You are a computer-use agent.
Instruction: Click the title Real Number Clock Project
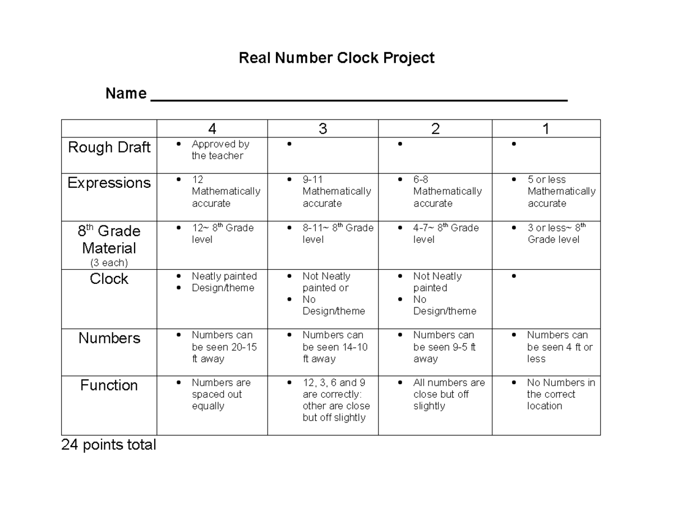point(336,58)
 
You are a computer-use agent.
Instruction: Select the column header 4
point(212,129)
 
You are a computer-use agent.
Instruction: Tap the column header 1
point(545,129)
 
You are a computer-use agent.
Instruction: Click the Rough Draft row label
point(109,148)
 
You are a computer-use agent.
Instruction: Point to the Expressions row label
point(109,183)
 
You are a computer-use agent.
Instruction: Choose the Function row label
point(109,385)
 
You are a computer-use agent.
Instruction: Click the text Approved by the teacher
point(220,150)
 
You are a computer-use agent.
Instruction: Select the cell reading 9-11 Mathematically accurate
point(336,191)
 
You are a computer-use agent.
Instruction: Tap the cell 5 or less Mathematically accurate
point(561,191)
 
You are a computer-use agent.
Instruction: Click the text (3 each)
point(109,263)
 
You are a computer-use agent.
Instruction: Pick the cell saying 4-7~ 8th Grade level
point(445,233)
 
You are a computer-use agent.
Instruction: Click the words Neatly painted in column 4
point(224,276)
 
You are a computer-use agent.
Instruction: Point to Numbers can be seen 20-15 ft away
point(224,347)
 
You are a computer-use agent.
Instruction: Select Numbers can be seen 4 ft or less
point(559,347)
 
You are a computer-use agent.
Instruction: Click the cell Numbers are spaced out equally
point(221,394)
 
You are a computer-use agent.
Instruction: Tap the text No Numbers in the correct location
point(560,394)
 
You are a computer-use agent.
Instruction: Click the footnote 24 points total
point(109,445)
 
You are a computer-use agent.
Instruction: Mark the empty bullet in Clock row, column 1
point(513,277)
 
